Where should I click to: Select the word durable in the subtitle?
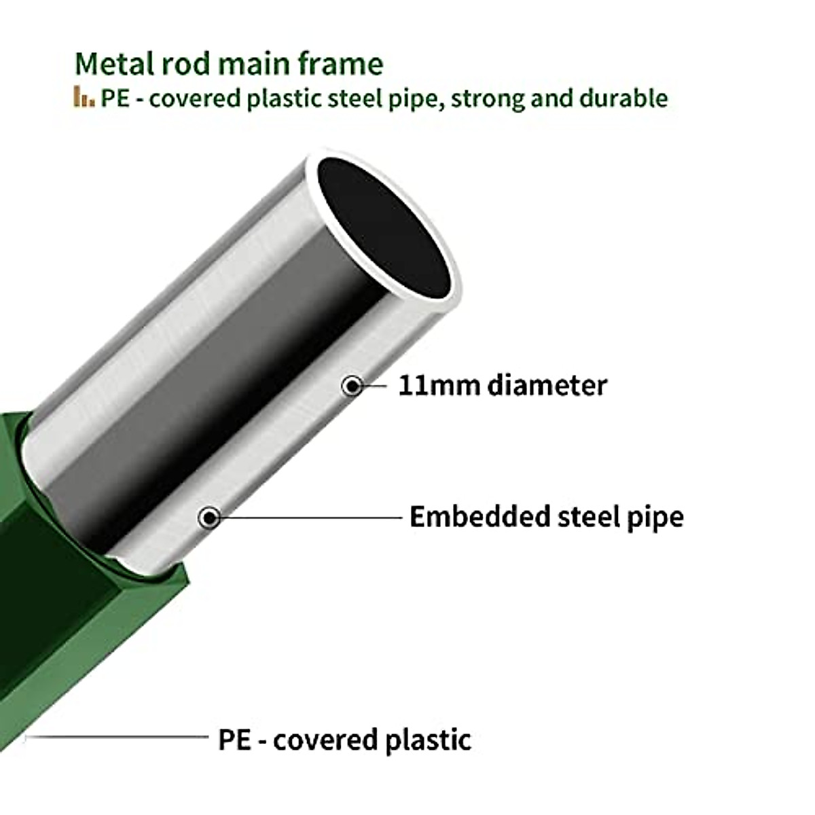623,98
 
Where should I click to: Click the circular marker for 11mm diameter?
352,386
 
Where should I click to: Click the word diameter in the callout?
537,385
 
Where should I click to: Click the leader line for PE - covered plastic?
115,736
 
